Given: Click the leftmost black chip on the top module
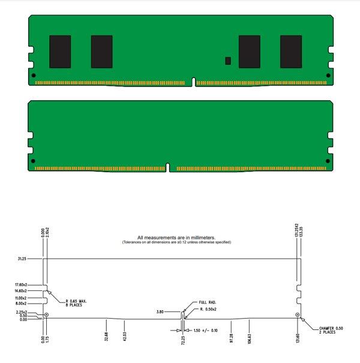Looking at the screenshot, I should [x=60, y=52].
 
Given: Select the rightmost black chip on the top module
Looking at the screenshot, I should [x=291, y=52].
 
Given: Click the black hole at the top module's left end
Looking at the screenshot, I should [x=33, y=76].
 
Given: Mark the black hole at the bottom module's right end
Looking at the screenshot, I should [x=327, y=161].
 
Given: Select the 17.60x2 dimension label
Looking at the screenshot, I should [x=23, y=284].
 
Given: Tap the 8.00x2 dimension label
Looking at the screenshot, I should [x=23, y=304].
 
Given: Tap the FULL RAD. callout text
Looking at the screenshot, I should [x=207, y=302].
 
